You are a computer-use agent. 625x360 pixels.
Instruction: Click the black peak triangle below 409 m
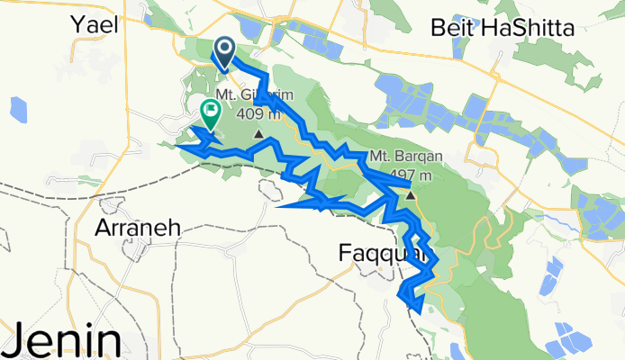[x=258, y=135]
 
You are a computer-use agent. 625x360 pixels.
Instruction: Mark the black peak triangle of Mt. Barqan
[x=410, y=194]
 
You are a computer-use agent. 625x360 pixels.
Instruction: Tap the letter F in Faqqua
[x=346, y=255]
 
